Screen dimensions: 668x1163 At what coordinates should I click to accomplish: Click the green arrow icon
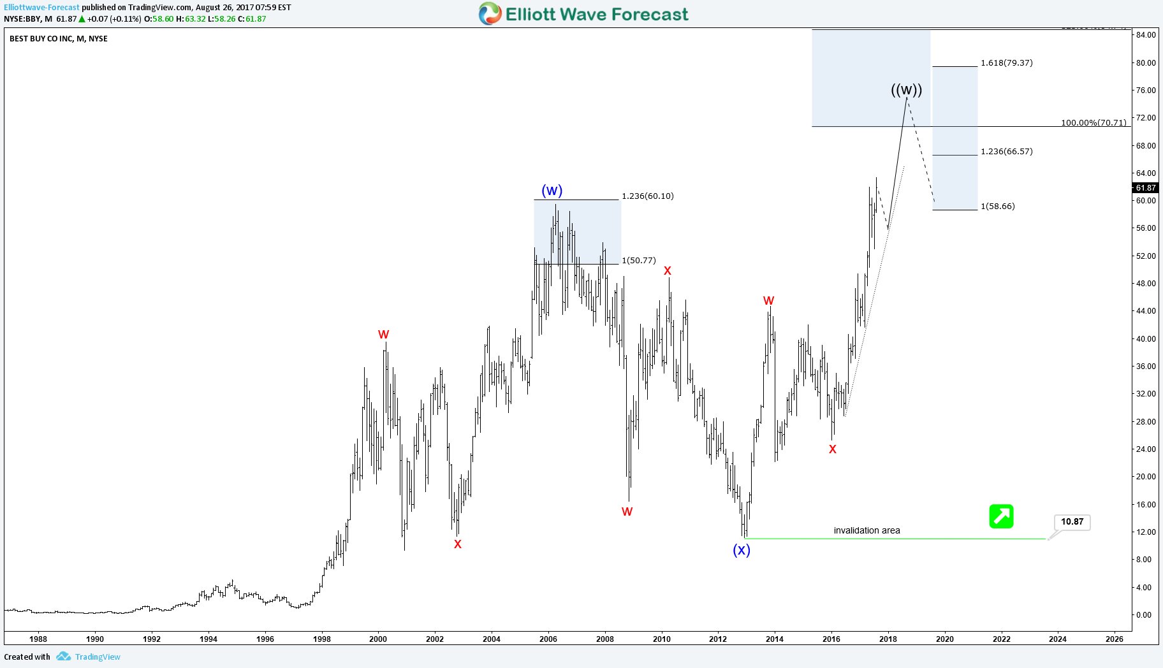pyautogui.click(x=1001, y=516)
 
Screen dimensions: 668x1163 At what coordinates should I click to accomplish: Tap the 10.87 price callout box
pyautogui.click(x=1072, y=522)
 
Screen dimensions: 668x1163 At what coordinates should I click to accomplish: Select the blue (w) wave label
pyautogui.click(x=552, y=191)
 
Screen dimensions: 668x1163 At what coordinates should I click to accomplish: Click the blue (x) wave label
pyautogui.click(x=741, y=550)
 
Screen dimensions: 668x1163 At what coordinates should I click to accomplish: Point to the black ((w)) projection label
pyautogui.click(x=906, y=90)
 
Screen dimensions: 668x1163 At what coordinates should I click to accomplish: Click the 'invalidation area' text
pyautogui.click(x=867, y=530)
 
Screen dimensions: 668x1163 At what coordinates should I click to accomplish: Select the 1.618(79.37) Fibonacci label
pyautogui.click(x=1006, y=62)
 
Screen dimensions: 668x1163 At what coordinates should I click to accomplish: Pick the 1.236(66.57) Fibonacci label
pyautogui.click(x=1006, y=151)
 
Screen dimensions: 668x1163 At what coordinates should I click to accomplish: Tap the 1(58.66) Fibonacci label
pyautogui.click(x=997, y=206)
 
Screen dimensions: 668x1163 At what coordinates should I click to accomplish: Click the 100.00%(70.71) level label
pyautogui.click(x=1093, y=122)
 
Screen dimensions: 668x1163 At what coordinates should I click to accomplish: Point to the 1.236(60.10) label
pyautogui.click(x=647, y=196)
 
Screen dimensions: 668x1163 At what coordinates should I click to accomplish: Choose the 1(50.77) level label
pyautogui.click(x=638, y=260)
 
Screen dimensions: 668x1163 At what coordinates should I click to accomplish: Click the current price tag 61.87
pyautogui.click(x=1145, y=187)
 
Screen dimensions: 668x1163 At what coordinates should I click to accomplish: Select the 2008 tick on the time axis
pyautogui.click(x=604, y=639)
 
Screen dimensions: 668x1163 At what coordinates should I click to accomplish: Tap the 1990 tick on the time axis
pyautogui.click(x=95, y=639)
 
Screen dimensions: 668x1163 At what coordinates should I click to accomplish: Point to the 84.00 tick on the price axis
pyautogui.click(x=1145, y=34)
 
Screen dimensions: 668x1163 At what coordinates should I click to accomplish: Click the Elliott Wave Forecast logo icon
pyautogui.click(x=490, y=13)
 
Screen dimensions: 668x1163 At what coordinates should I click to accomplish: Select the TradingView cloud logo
pyautogui.click(x=63, y=657)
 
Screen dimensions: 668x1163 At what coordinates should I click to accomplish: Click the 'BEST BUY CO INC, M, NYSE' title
pyautogui.click(x=59, y=39)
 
